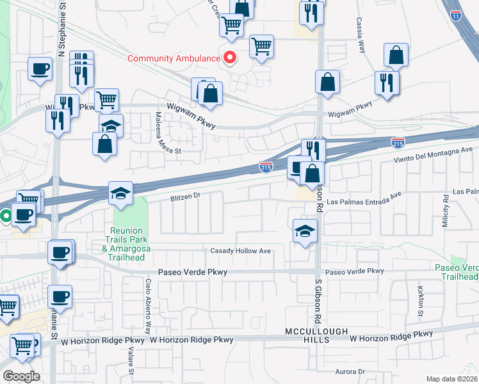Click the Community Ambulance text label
(x=174, y=58)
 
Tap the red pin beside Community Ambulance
(x=229, y=58)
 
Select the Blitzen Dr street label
(x=186, y=198)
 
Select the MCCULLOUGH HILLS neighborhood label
(x=316, y=335)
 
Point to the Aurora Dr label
(x=350, y=371)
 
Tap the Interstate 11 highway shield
(x=456, y=16)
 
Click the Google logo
(x=21, y=376)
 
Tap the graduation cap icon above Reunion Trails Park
(x=120, y=192)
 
